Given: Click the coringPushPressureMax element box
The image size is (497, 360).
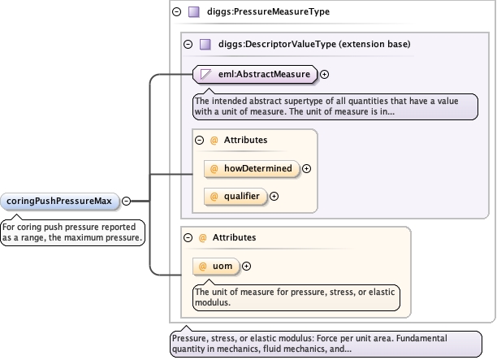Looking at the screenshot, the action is (60, 201).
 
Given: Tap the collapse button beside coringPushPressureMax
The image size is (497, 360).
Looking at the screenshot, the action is (126, 201).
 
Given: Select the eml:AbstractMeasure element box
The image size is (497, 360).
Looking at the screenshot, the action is (255, 74).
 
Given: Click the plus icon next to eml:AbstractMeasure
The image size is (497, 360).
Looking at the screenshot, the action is (324, 74).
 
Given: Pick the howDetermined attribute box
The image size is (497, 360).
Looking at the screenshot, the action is (252, 168).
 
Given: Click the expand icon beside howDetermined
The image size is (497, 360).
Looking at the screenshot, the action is (306, 169).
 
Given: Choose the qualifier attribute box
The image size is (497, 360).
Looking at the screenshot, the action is (236, 197).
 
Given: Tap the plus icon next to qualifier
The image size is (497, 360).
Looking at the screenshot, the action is (274, 197).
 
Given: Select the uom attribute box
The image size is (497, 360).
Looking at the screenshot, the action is (216, 266).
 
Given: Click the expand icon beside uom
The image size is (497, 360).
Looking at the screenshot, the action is (246, 266).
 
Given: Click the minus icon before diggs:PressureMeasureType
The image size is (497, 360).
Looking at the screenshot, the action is (176, 11).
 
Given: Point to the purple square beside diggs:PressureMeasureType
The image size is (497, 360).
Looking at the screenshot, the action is (194, 11).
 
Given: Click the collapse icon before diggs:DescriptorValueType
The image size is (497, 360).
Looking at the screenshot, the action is (188, 44).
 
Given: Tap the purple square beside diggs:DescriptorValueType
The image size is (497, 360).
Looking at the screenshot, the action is (205, 44).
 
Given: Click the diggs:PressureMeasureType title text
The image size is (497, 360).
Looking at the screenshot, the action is (268, 11).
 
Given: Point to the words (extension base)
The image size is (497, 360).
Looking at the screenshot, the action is (374, 44).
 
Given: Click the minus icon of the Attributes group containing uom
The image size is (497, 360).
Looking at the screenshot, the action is (188, 237).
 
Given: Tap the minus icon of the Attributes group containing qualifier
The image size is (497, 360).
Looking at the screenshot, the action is (200, 140).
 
